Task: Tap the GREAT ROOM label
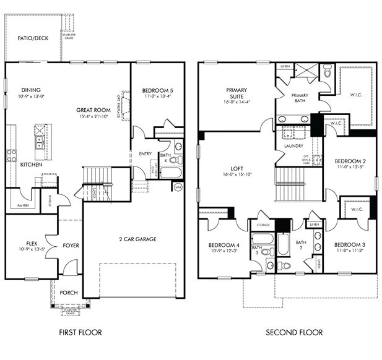pos(93,110)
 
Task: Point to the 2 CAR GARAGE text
pos(137,239)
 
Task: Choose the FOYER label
pos(71,246)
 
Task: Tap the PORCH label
pos(68,293)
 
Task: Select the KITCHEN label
pos(31,165)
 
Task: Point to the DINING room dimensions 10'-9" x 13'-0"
pos(30,96)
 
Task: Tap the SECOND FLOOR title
pos(294,332)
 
